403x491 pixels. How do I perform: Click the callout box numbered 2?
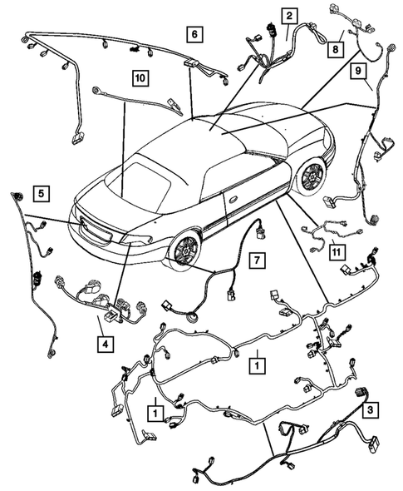tap(288, 16)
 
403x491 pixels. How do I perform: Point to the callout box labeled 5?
tap(40, 194)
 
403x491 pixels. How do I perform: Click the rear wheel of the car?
tap(184, 248)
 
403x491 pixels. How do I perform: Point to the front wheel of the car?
tap(312, 176)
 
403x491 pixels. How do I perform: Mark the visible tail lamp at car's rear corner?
tap(135, 240)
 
